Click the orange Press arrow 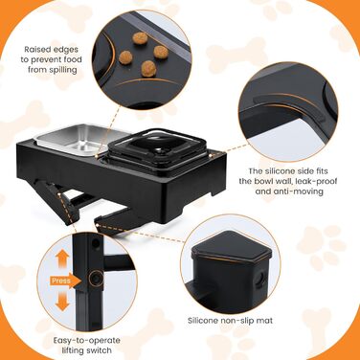65,281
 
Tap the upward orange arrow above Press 62,259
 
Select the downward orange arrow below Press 62,303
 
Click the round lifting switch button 95,279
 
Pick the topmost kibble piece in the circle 140,38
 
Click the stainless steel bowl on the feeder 80,139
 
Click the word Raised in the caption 38,50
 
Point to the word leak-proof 316,181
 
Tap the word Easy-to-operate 87,341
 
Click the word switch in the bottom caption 99,350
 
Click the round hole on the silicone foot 260,275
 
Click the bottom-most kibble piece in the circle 148,69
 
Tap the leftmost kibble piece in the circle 125,57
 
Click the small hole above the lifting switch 95,244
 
